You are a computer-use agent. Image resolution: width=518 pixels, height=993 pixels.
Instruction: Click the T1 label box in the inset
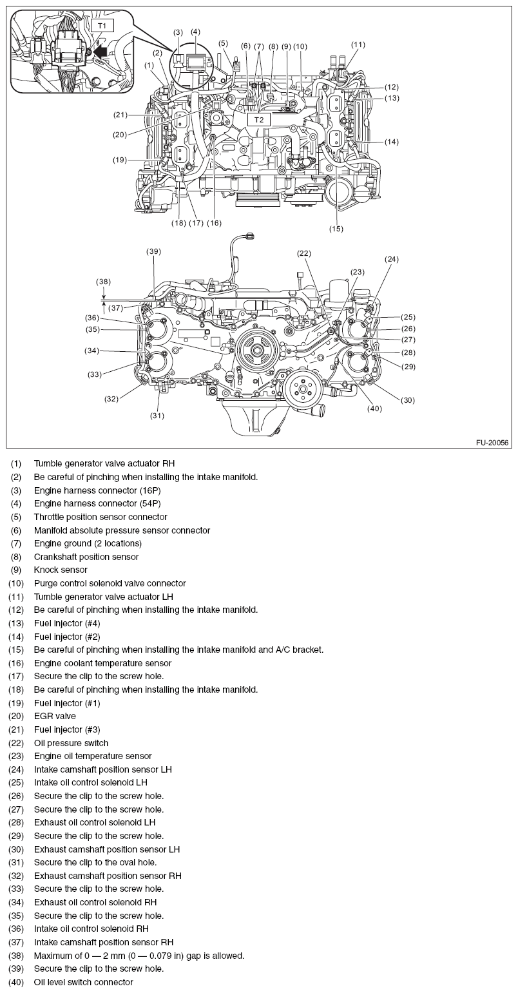101,26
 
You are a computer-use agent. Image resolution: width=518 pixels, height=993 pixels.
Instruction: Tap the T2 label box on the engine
258,120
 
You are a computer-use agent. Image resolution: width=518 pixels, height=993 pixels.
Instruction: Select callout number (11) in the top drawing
358,44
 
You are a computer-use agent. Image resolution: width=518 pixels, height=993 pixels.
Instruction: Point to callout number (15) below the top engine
336,228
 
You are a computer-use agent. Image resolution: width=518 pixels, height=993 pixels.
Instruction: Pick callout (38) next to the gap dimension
104,282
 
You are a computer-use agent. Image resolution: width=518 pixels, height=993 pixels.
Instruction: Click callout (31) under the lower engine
158,416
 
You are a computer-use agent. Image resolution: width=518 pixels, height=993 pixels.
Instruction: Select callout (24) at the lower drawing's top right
392,259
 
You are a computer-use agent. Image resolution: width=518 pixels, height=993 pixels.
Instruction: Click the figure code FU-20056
492,443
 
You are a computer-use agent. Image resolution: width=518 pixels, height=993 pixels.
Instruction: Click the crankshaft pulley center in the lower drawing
256,351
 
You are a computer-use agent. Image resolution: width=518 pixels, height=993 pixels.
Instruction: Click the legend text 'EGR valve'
55,716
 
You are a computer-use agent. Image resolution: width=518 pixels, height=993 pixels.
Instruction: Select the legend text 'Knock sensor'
61,570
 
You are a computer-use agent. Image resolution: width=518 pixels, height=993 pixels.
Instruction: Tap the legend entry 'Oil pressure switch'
71,743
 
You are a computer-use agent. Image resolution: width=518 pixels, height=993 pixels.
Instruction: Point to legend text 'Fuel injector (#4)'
67,623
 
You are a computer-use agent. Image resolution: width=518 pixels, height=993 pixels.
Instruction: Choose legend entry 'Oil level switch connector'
84,982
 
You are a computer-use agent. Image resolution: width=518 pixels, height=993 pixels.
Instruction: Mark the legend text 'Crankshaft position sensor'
86,557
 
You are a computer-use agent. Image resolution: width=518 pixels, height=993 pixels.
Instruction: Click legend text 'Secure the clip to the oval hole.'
95,862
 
